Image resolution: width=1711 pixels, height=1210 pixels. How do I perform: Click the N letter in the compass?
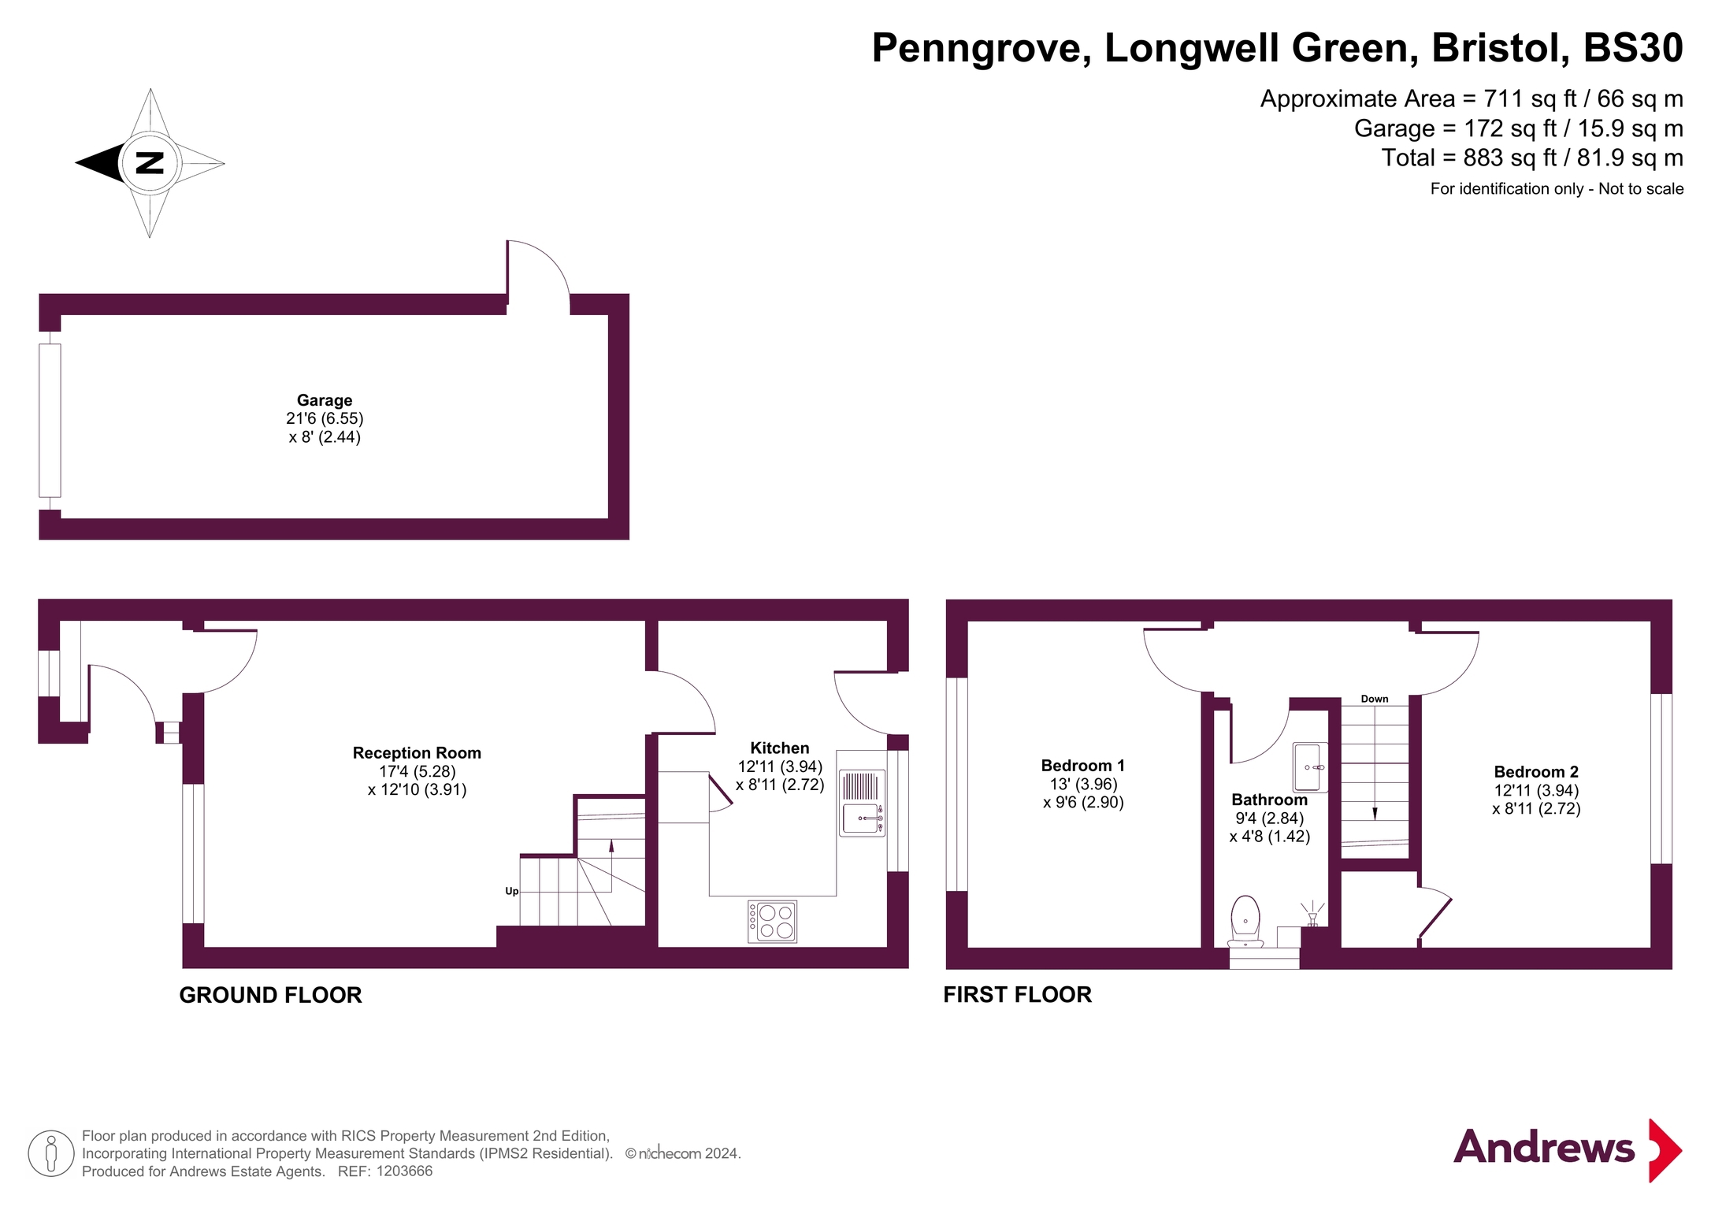[150, 163]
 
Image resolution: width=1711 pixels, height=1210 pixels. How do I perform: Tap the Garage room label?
[324, 400]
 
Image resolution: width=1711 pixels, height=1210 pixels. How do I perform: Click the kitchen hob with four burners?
[772, 922]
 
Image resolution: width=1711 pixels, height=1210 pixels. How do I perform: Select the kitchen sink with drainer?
[862, 804]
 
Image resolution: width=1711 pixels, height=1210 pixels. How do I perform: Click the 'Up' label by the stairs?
[511, 891]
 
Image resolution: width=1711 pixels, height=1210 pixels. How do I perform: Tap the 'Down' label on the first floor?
[1374, 699]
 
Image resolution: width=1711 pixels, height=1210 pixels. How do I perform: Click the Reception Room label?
[417, 753]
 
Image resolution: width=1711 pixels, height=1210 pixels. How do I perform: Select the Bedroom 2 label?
[1535, 772]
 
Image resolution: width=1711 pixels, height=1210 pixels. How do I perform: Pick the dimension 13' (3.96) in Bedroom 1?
[1083, 784]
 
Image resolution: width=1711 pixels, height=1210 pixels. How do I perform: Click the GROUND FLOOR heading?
[270, 995]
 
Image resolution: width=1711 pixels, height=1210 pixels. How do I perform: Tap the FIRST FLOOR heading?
[1017, 994]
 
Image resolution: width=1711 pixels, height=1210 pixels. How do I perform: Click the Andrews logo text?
[1543, 1147]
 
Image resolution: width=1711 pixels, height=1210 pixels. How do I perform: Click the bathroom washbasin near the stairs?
[1309, 766]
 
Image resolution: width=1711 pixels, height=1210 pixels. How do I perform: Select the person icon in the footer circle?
[51, 1153]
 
